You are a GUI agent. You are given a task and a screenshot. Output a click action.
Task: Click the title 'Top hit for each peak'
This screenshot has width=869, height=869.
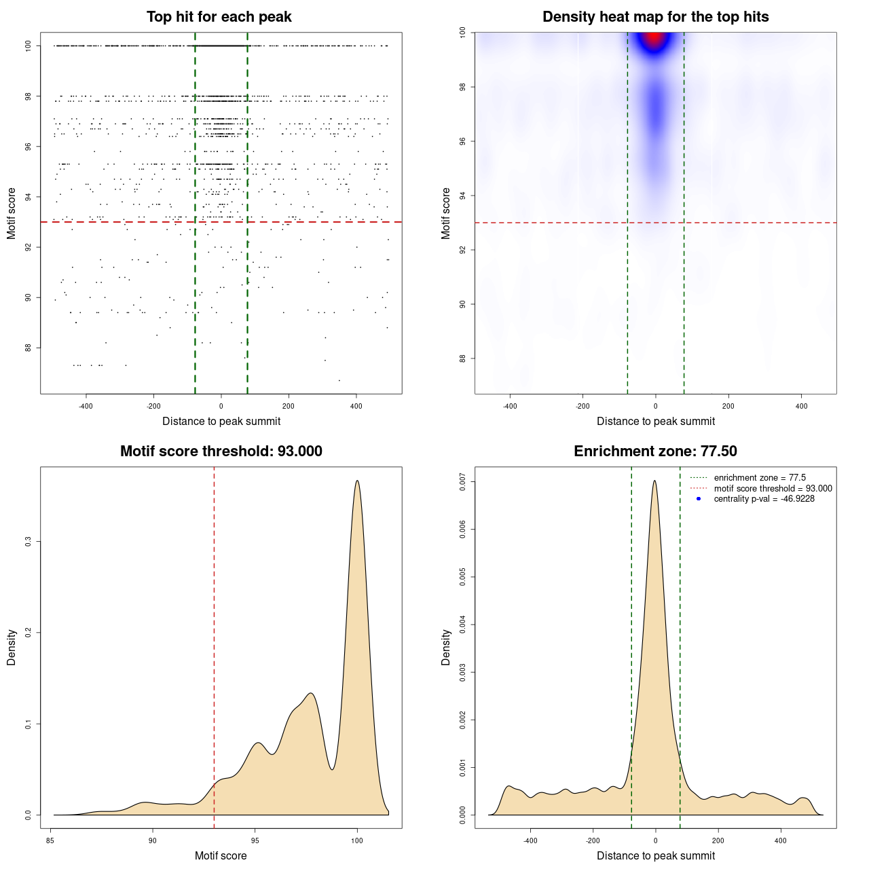coord(219,17)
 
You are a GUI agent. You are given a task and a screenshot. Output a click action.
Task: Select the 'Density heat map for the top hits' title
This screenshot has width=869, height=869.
coord(655,17)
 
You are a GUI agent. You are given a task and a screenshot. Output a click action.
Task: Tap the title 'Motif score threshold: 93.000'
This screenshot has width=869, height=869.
coord(221,451)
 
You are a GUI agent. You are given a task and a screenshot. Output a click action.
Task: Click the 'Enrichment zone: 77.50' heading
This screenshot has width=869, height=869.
coord(655,451)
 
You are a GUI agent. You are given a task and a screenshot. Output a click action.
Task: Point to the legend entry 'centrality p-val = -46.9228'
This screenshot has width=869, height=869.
coord(764,499)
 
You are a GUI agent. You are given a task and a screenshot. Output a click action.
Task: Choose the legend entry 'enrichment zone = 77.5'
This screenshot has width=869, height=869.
coord(760,478)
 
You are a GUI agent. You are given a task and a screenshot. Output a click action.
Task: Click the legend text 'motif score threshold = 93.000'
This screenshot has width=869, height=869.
coord(773,489)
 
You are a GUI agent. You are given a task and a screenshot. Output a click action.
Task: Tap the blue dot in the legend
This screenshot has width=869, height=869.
coord(699,499)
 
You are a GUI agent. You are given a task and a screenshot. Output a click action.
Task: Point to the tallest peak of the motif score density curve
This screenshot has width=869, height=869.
coord(357,481)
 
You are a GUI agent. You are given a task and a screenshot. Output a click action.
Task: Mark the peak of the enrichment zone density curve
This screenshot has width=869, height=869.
coord(654,481)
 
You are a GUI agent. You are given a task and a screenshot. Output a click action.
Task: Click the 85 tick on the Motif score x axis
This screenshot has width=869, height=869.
coord(50,840)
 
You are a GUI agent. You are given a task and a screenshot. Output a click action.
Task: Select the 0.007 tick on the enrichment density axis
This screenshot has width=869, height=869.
coord(463,482)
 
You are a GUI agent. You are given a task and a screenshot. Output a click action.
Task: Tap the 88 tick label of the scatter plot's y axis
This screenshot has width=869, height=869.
coord(29,348)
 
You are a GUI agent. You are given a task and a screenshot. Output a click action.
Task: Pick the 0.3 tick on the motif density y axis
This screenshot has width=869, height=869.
coord(29,542)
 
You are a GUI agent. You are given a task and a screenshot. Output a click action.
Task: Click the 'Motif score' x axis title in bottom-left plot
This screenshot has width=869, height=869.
coord(221,855)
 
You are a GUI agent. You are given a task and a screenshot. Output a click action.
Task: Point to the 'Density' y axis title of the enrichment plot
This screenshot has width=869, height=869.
coord(446,647)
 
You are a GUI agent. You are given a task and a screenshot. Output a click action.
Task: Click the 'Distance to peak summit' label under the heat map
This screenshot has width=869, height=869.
coord(655,422)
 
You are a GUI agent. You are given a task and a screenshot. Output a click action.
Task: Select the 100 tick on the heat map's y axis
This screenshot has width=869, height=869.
coord(463,33)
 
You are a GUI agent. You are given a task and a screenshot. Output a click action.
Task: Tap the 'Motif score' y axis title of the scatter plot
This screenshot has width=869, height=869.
coord(12,213)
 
